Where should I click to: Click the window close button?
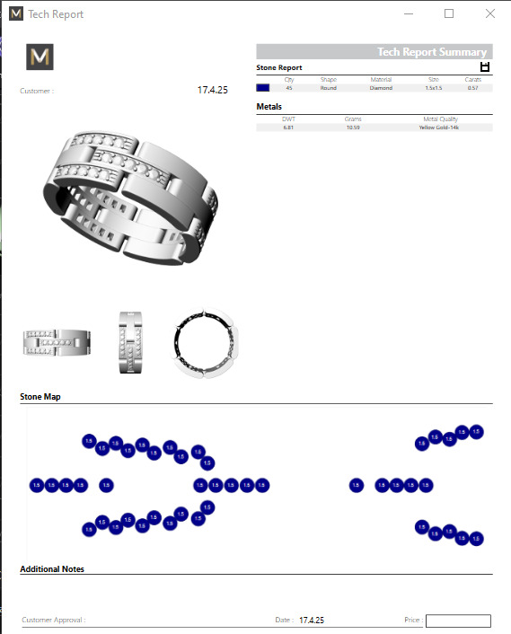[x=489, y=13]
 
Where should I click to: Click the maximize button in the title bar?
[x=449, y=13]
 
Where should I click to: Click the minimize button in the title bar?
[x=409, y=13]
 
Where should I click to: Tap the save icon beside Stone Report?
[x=485, y=67]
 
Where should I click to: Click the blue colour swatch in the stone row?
[x=263, y=88]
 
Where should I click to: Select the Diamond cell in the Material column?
[x=381, y=88]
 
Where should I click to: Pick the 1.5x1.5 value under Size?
[x=434, y=88]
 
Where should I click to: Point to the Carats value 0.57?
[x=472, y=88]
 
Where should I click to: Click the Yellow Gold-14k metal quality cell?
[x=439, y=128]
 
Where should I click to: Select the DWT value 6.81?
[x=288, y=128]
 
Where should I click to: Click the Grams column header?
[x=353, y=119]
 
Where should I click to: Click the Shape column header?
[x=329, y=80]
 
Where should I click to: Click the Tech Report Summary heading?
[x=431, y=52]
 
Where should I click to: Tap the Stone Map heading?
[x=40, y=396]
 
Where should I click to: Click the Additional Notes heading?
[x=52, y=568]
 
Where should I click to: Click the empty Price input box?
[x=458, y=621]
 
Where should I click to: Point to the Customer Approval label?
[x=54, y=621]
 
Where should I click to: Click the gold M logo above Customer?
[x=40, y=57]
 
